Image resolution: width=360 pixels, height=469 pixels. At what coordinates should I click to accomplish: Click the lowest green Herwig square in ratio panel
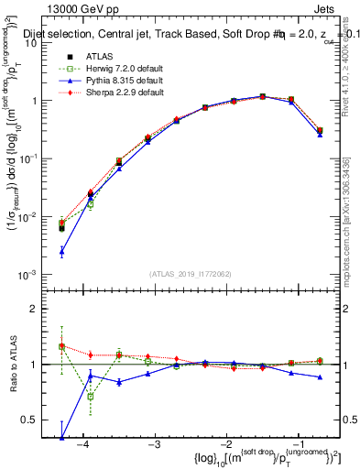click(90, 397)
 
